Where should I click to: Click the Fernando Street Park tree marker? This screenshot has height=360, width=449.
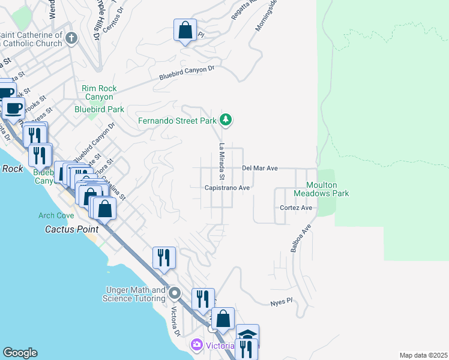(226, 121)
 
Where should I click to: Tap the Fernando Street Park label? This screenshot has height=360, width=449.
(177, 121)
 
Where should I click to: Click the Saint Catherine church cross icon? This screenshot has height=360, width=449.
(71, 39)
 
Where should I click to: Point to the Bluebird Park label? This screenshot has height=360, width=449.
(99, 109)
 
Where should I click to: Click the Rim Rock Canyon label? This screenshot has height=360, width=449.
(99, 92)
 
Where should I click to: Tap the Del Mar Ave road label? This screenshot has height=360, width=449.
(259, 169)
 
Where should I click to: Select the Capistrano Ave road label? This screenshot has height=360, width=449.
(227, 188)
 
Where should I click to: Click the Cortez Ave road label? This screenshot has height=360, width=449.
(297, 208)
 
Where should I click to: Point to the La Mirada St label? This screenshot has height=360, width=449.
(221, 162)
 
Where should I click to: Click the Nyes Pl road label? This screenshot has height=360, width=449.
(280, 301)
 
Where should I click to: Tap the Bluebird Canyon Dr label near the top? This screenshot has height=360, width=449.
(187, 73)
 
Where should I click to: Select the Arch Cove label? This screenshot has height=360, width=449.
(56, 215)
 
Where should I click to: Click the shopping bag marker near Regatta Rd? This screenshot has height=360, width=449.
(185, 30)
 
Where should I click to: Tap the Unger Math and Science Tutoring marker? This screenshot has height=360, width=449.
(175, 294)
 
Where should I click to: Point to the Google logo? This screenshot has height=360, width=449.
(20, 353)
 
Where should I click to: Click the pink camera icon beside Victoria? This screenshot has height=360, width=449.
(196, 346)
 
